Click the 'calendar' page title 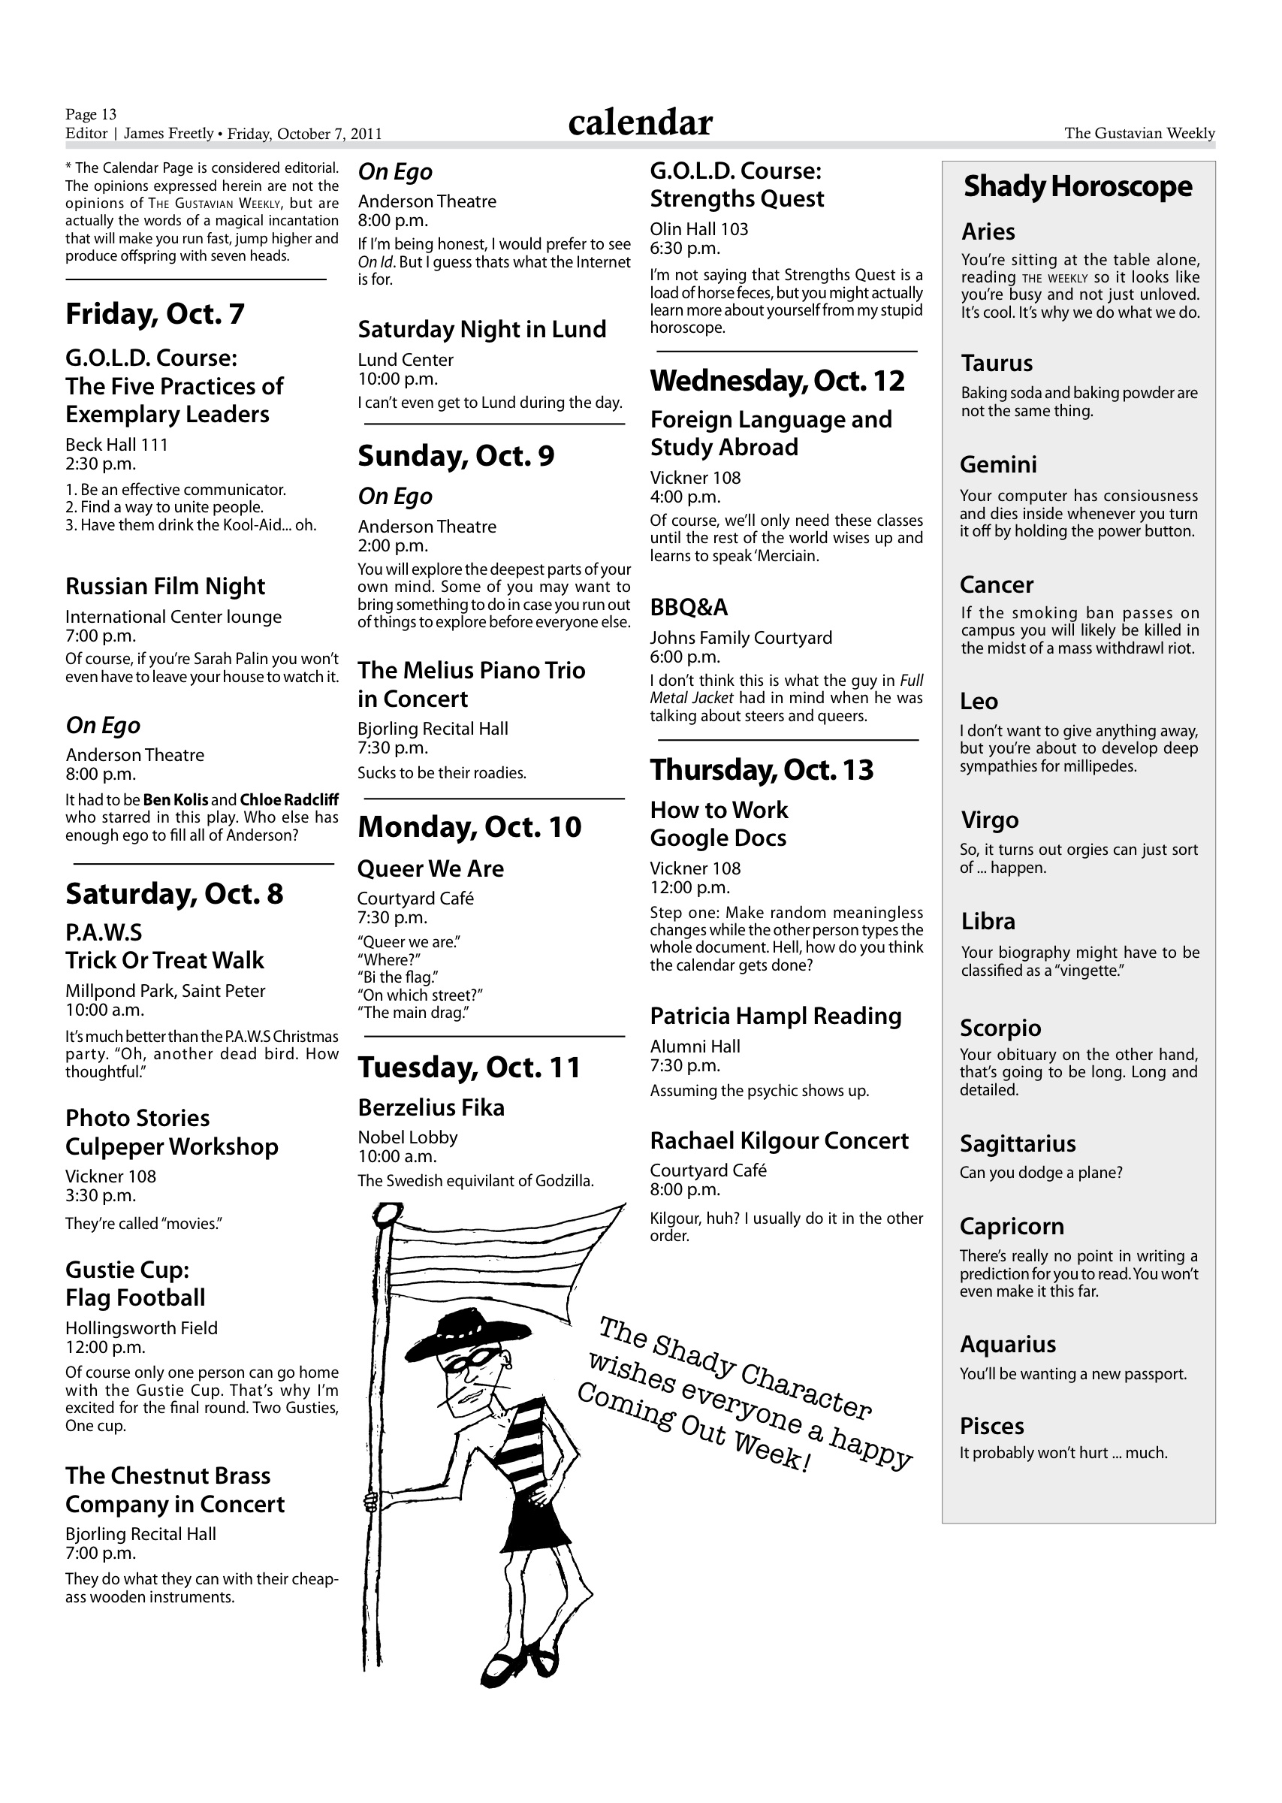coord(639,122)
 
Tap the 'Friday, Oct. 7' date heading coord(155,313)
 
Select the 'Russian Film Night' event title coord(165,587)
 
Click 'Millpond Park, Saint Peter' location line coord(165,991)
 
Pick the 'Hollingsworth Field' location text coord(141,1327)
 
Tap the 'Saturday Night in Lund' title coord(481,329)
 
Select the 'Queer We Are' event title coord(430,868)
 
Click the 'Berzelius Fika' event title coord(431,1107)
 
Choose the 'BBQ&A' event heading coord(689,607)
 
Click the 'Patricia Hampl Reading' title coord(775,1016)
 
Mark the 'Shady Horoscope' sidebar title coord(1078,186)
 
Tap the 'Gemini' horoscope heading coord(998,465)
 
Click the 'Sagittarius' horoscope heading coord(1018,1144)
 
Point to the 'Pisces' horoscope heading coord(991,1426)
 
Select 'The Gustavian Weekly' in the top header coord(1139,134)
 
